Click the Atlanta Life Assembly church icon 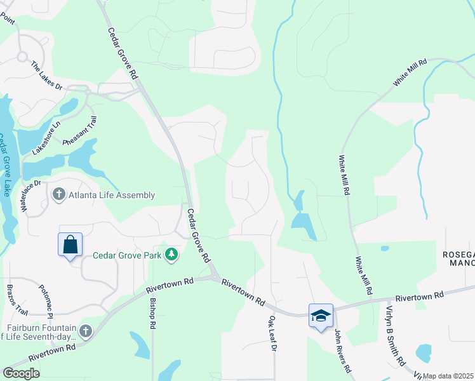[x=59, y=194]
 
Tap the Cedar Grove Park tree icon [x=171, y=255]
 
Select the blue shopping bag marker [x=70, y=244]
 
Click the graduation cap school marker [x=321, y=315]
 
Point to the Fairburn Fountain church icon [x=86, y=331]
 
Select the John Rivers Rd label [x=344, y=350]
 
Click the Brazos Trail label [x=18, y=300]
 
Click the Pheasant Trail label [x=79, y=132]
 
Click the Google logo [x=20, y=373]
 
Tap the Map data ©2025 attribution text [x=448, y=376]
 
